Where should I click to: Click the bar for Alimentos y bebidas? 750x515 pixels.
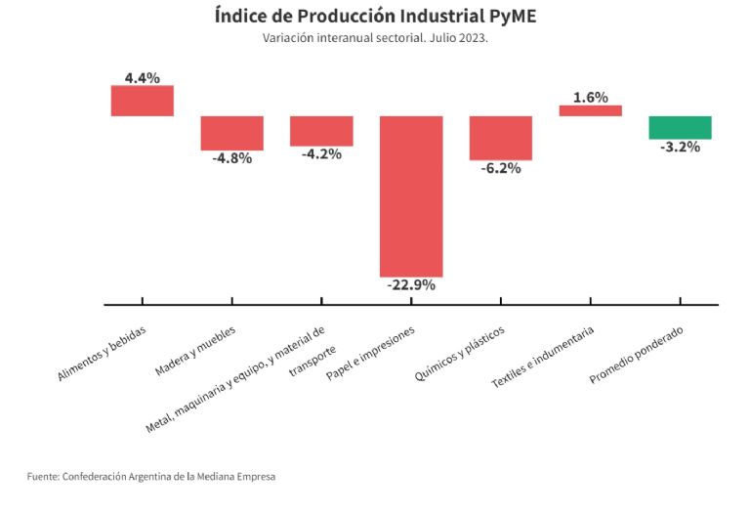[142, 101]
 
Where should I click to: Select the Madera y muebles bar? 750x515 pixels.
[232, 133]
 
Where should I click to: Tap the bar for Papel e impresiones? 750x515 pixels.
[411, 195]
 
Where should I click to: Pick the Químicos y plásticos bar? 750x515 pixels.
[501, 138]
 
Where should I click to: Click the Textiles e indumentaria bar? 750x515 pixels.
[591, 110]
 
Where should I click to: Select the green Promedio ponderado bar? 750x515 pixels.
[681, 127]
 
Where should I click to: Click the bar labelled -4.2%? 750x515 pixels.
[321, 131]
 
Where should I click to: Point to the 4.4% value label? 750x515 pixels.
[142, 77]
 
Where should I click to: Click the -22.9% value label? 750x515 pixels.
[411, 285]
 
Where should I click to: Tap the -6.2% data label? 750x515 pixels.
[501, 168]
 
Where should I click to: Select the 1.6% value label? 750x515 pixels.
[591, 97]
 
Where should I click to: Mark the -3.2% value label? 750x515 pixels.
[681, 148]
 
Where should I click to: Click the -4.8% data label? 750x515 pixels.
[232, 158]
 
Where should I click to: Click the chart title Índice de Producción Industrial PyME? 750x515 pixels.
[375, 16]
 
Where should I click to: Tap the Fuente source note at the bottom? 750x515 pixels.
[151, 477]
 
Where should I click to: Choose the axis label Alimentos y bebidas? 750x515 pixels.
[103, 354]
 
